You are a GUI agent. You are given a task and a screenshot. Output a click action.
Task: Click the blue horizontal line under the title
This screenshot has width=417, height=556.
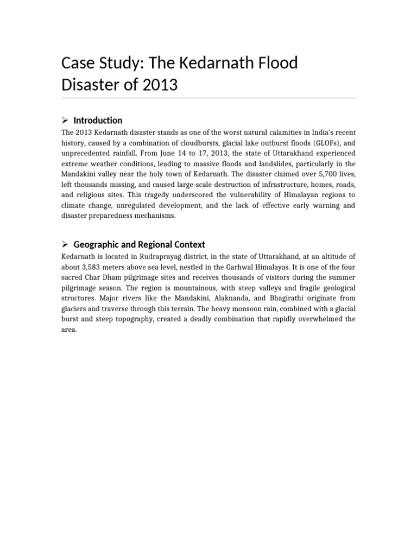click(x=208, y=98)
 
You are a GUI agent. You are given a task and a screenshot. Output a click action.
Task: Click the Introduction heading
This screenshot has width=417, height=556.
click(x=98, y=121)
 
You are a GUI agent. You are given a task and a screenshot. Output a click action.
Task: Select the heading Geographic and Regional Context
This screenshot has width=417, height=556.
click(x=139, y=244)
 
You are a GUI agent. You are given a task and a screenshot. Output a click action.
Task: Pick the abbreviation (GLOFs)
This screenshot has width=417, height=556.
click(x=327, y=143)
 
